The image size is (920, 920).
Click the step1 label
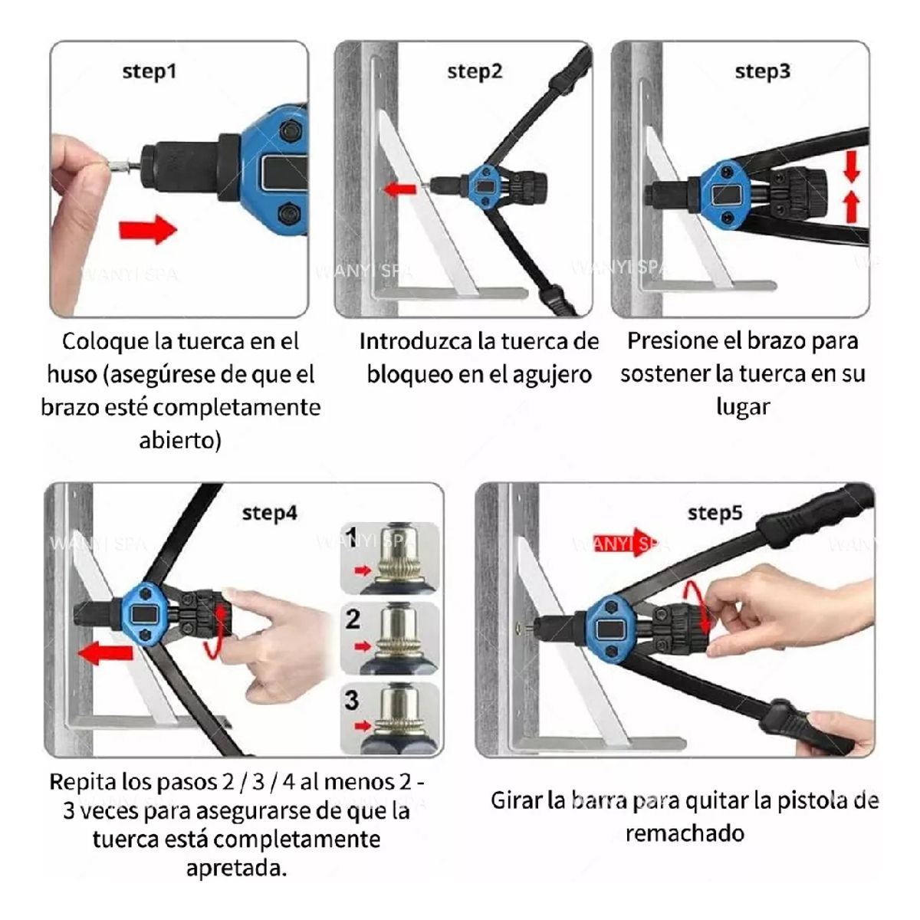click(149, 72)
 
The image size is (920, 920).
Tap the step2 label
click(475, 72)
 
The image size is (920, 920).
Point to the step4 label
click(269, 513)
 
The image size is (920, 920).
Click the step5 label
click(715, 513)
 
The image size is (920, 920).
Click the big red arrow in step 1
click(147, 228)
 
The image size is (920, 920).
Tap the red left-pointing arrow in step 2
click(399, 188)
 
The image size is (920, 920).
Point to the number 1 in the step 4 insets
click(352, 534)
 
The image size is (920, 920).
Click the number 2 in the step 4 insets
click(353, 619)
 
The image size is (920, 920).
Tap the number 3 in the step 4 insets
click(352, 699)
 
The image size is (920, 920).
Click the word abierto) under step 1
click(180, 441)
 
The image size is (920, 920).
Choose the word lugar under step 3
click(742, 407)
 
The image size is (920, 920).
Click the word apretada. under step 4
click(236, 869)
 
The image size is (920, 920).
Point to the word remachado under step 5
click(684, 833)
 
